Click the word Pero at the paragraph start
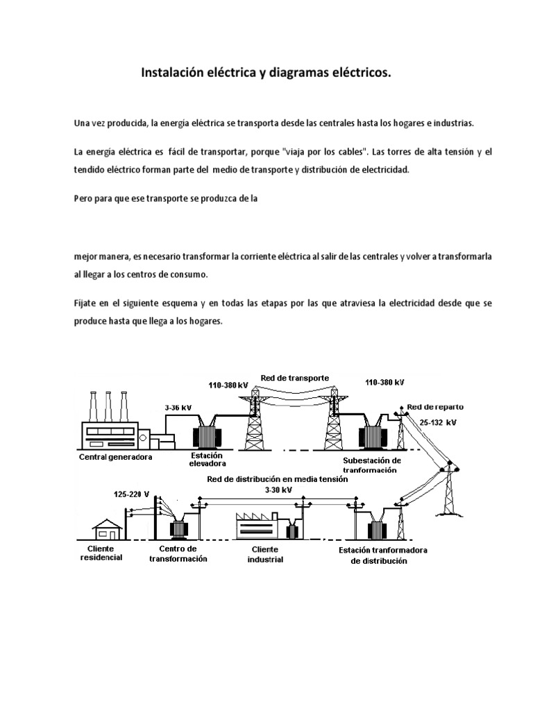click(84, 197)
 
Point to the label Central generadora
click(115, 457)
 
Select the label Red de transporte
click(294, 377)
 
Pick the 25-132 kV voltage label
click(438, 422)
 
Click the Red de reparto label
click(435, 406)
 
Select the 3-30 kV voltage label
click(278, 490)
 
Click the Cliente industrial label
click(266, 555)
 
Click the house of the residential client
click(108, 528)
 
